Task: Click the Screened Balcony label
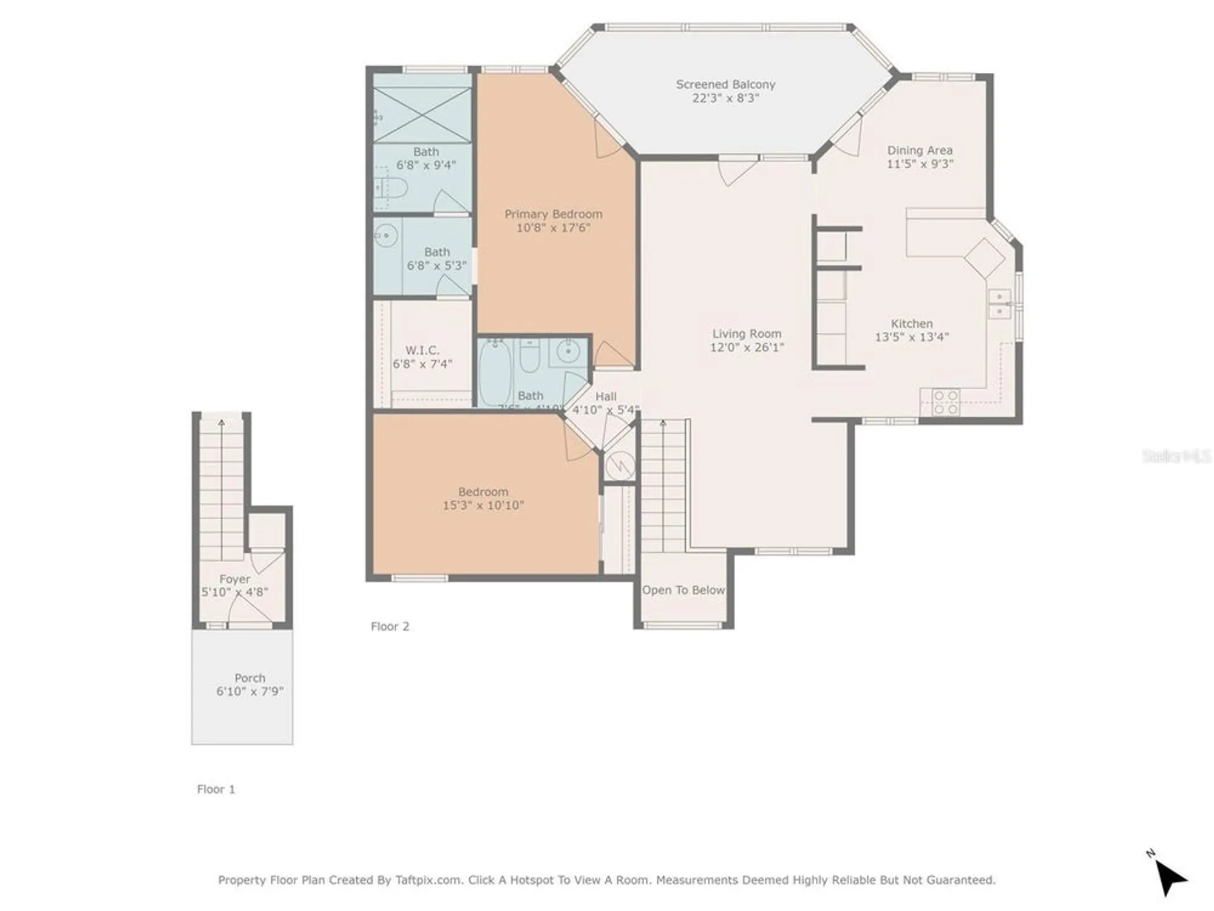[725, 84]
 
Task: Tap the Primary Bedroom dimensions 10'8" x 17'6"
[553, 228]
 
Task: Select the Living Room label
[747, 333]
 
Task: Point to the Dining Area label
[920, 150]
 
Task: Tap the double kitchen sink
[999, 304]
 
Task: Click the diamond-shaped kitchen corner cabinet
[985, 258]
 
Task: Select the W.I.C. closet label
[422, 350]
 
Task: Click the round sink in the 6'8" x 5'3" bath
[385, 236]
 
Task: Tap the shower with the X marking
[422, 115]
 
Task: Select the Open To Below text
[683, 590]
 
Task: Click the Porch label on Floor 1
[249, 678]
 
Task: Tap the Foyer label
[234, 579]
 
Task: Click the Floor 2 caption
[390, 626]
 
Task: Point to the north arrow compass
[1169, 876]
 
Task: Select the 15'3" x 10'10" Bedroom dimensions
[483, 505]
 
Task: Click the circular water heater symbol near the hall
[620, 466]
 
